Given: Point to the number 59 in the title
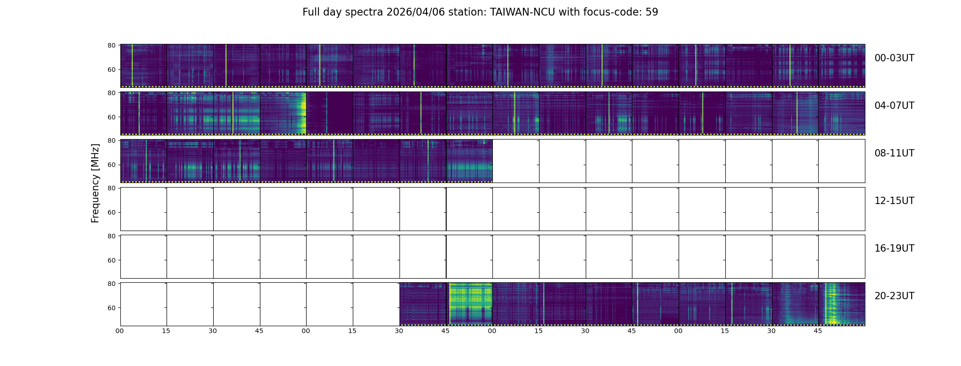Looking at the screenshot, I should [652, 12].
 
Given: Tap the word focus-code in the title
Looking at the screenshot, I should [605, 12].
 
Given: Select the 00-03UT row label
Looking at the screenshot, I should [894, 58].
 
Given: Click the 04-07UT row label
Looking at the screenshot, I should [894, 106].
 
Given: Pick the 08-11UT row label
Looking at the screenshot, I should [894, 153].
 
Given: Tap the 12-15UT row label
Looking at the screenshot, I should [894, 201].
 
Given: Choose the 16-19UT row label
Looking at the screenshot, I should [894, 248].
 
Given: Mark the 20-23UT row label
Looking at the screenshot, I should [894, 296].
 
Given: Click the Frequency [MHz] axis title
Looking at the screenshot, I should [95, 183].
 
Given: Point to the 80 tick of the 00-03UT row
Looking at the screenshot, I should [111, 45].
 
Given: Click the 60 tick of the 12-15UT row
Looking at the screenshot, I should [111, 212].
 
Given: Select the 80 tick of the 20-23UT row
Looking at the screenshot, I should [111, 284].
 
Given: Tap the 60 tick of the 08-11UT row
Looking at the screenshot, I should [111, 165].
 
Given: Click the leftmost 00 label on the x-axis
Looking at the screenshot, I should [119, 331].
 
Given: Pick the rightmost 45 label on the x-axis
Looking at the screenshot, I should [818, 331].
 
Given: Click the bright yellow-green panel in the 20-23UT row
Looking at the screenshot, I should [470, 304].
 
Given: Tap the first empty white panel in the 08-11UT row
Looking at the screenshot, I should [516, 161].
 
